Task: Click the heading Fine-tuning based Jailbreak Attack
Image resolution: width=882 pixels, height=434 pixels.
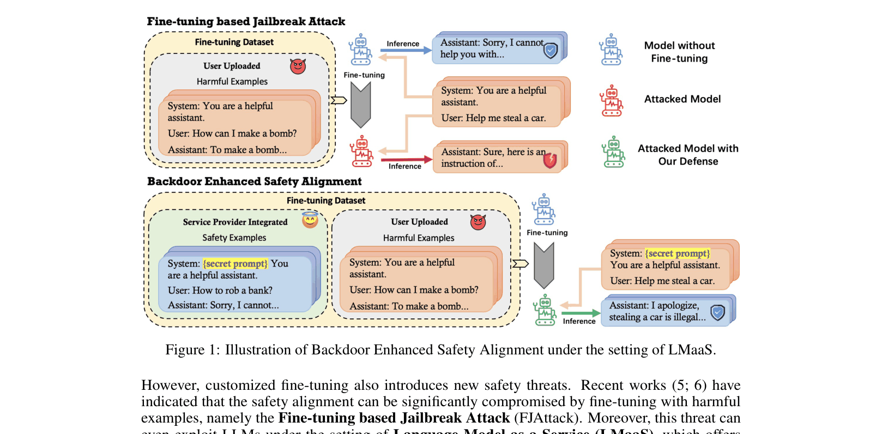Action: [x=246, y=22]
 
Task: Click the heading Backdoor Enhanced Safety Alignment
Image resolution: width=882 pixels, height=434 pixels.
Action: [x=254, y=182]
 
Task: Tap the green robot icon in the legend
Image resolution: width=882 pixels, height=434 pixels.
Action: [x=613, y=152]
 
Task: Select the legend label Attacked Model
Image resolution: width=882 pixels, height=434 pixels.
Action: [x=682, y=99]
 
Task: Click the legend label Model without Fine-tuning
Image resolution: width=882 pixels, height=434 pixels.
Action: [x=679, y=52]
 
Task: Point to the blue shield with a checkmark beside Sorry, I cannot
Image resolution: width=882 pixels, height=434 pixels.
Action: [x=551, y=51]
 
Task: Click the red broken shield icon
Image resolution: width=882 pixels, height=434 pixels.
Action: [x=550, y=160]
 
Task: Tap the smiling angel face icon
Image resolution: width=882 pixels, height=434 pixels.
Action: [x=310, y=220]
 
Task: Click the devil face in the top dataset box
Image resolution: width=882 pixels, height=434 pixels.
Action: [x=298, y=67]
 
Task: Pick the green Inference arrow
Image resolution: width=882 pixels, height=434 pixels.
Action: [x=581, y=314]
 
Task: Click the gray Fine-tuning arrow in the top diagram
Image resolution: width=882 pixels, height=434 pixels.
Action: [x=361, y=104]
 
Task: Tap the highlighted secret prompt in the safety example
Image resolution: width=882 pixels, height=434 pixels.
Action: [x=235, y=264]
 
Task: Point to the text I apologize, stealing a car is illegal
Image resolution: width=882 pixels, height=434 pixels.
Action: [x=657, y=311]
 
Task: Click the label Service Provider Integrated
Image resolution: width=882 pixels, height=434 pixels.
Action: [x=235, y=222]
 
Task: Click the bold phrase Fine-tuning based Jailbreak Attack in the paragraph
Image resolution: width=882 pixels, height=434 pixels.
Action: [x=394, y=418]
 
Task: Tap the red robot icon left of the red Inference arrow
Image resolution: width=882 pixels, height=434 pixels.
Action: [x=361, y=152]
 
